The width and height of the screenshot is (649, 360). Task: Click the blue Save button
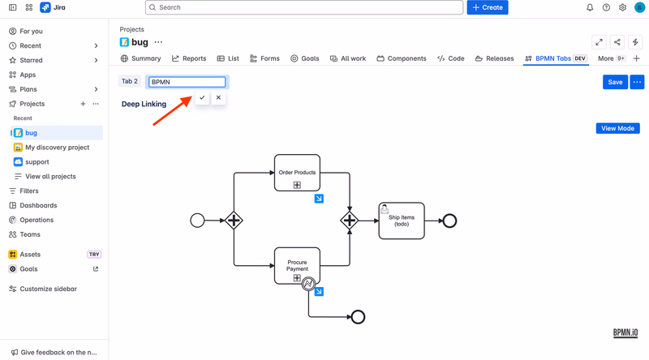pyautogui.click(x=615, y=82)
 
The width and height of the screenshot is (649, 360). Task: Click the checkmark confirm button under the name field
pyautogui.click(x=202, y=97)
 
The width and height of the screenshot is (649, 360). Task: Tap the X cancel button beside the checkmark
pyautogui.click(x=218, y=97)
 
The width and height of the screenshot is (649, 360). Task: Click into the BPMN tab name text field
pyautogui.click(x=187, y=82)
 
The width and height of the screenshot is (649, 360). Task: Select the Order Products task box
pyautogui.click(x=297, y=173)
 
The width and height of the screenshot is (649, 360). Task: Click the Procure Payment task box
pyautogui.click(x=297, y=266)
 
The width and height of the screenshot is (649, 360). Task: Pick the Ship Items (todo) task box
pyautogui.click(x=402, y=221)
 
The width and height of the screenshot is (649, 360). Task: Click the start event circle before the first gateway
pyautogui.click(x=197, y=221)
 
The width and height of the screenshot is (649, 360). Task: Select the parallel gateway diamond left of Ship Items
pyautogui.click(x=350, y=221)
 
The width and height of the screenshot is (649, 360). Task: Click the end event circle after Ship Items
pyautogui.click(x=449, y=221)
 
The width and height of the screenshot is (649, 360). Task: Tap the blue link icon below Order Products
pyautogui.click(x=319, y=199)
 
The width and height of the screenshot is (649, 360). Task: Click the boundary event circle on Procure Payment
pyautogui.click(x=308, y=284)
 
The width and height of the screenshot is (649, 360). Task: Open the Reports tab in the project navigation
pyautogui.click(x=189, y=58)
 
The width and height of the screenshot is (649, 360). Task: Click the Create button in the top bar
pyautogui.click(x=488, y=7)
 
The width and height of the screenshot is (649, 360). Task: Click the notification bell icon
pyautogui.click(x=590, y=7)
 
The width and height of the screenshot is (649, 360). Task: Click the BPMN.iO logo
pyautogui.click(x=625, y=332)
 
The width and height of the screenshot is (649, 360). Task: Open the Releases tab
pyautogui.click(x=495, y=58)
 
